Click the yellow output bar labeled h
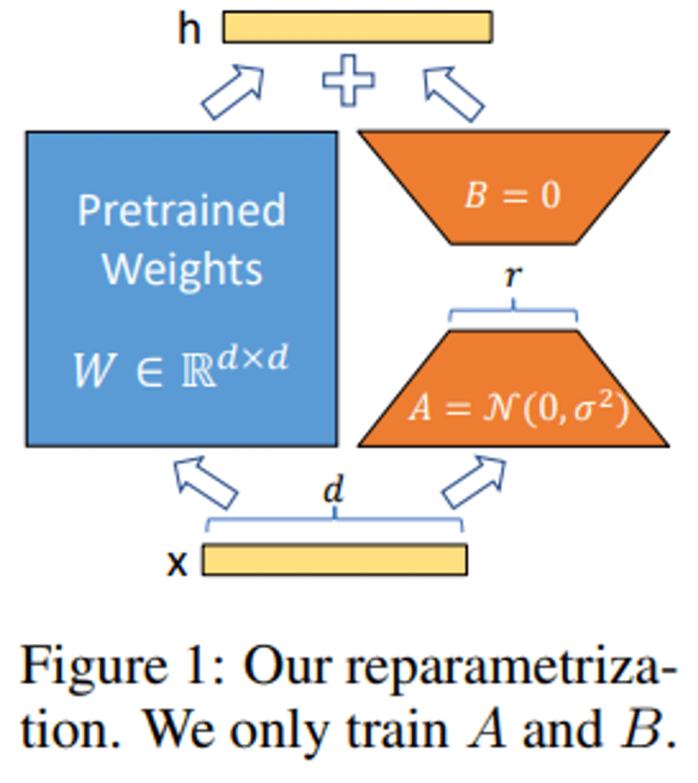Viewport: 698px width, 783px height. pos(357,27)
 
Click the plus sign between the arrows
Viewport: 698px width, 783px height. pos(349,80)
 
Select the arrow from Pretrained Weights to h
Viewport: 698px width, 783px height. pos(233,93)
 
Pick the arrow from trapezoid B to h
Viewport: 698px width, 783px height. pos(454,93)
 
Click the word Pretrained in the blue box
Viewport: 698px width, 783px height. pos(182,210)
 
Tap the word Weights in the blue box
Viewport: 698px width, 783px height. pos(182,268)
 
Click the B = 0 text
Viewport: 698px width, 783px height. pos(513,196)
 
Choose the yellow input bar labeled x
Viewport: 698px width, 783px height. pos(334,560)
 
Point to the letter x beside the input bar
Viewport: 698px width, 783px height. pos(177,563)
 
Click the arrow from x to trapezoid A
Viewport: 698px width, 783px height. pos(475,482)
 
